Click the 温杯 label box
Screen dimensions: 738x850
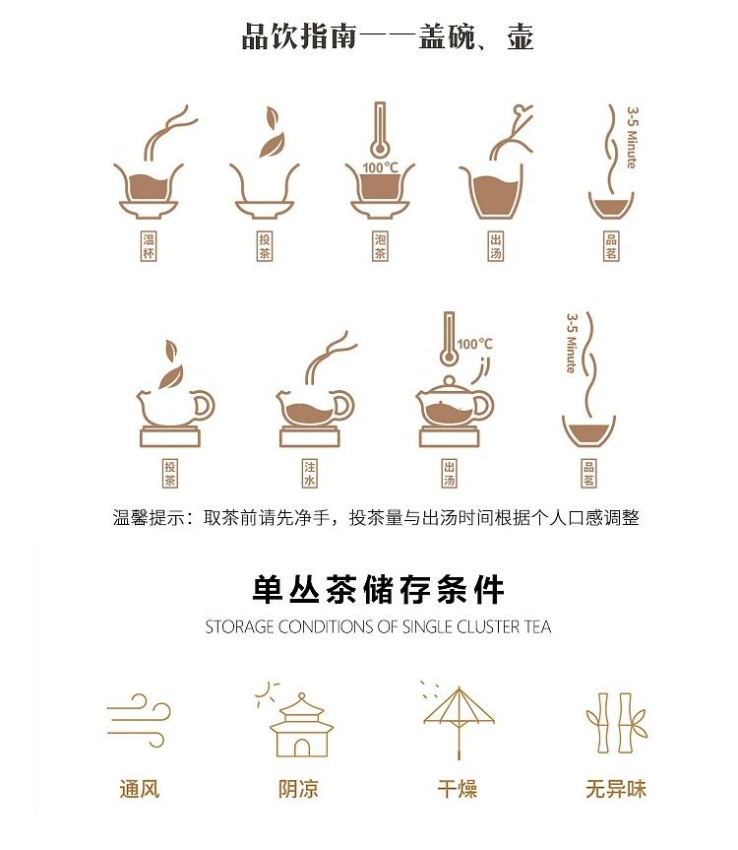149,246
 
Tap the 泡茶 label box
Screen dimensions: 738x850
380,246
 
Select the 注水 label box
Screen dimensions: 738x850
309,473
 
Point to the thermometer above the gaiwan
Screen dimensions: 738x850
380,130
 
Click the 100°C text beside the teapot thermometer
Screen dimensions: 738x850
475,344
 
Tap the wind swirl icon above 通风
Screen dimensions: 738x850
139,720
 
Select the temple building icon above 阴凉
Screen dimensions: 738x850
301,725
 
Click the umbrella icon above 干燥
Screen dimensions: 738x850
459,722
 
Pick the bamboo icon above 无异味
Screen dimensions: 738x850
617,723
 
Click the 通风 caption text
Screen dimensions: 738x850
140,789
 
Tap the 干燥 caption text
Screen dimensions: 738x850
458,789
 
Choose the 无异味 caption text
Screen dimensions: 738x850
616,789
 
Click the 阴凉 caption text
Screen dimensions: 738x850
298,789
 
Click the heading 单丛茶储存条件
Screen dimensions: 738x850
378,589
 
